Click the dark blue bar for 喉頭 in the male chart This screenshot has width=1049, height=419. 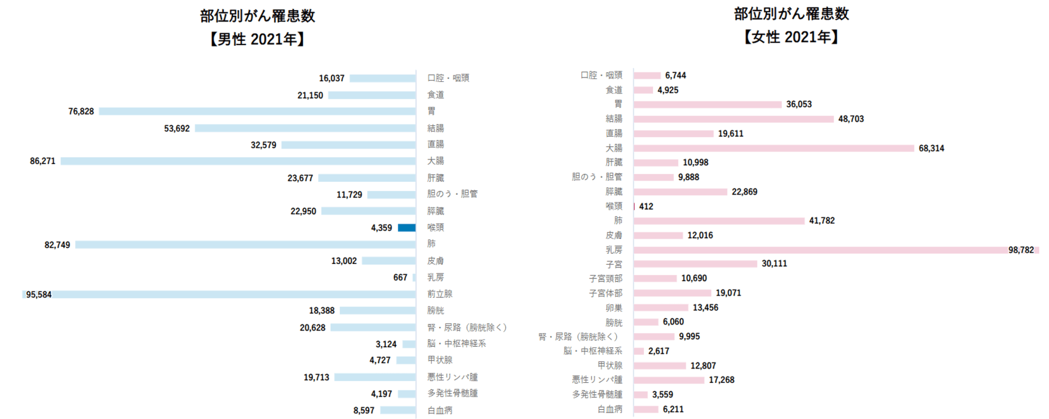(x=406, y=228)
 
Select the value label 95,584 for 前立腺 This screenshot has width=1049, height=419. (x=39, y=294)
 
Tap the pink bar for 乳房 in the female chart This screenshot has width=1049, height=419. (x=820, y=250)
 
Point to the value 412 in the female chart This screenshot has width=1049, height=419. (x=646, y=206)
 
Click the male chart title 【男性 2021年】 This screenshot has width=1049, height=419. (x=257, y=39)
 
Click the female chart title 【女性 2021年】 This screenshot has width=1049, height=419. (x=791, y=37)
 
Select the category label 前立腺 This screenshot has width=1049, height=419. (x=440, y=294)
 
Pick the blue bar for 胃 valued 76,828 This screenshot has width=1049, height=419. (x=257, y=112)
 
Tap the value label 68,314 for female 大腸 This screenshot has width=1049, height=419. (x=931, y=148)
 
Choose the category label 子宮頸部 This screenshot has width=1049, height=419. (x=606, y=278)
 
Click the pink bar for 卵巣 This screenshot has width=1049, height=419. (x=661, y=307)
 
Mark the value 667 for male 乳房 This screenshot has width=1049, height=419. (x=400, y=278)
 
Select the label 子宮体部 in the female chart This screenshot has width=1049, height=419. (x=606, y=293)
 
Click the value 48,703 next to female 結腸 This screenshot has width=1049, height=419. (x=851, y=119)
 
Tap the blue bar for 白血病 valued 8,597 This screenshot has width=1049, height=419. (x=397, y=410)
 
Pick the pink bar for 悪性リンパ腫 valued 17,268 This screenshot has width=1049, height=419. (x=669, y=380)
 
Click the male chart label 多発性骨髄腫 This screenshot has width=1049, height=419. (x=452, y=393)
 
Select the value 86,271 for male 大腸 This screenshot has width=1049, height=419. (x=43, y=161)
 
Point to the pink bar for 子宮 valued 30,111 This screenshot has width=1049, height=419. (x=695, y=264)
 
